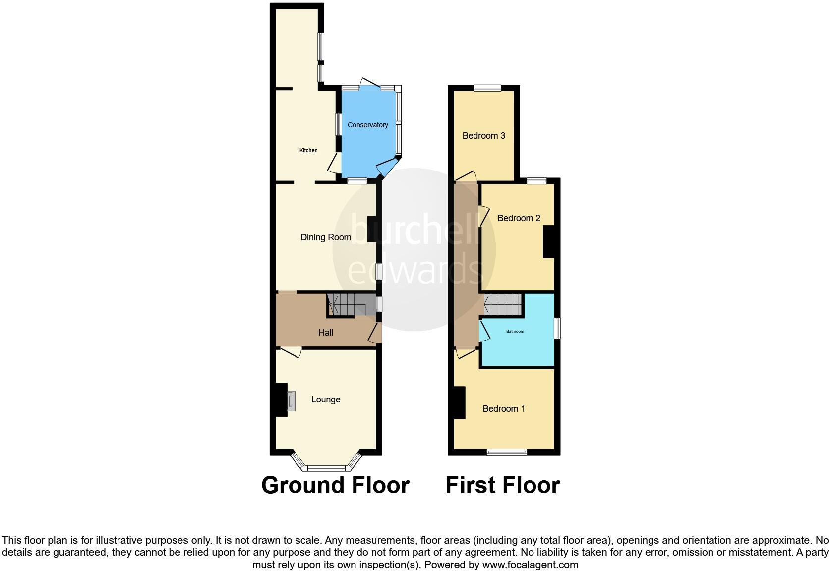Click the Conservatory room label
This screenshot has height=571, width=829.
[x=367, y=125]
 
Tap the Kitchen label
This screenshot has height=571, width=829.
[x=308, y=150]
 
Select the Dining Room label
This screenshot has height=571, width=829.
[x=326, y=237]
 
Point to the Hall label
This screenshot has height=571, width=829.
[x=326, y=333]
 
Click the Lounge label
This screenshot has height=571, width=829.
[x=326, y=400]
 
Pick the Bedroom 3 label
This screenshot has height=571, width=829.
[x=483, y=136]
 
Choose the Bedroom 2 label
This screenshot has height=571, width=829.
[x=519, y=218]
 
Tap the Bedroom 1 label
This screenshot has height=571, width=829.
[x=504, y=409]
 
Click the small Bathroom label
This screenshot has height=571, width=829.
[x=515, y=331]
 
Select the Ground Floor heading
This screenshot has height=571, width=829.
[x=335, y=485]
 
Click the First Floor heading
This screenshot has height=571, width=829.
[x=502, y=485]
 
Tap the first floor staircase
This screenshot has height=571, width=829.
[x=503, y=304]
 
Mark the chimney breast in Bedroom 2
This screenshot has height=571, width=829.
[x=548, y=242]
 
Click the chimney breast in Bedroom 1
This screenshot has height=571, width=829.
[x=459, y=402]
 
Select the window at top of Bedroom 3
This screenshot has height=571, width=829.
[x=487, y=89]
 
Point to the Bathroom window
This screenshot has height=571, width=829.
[x=557, y=328]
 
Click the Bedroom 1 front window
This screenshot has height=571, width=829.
[x=506, y=452]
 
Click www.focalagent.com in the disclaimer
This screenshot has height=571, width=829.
[x=530, y=565]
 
